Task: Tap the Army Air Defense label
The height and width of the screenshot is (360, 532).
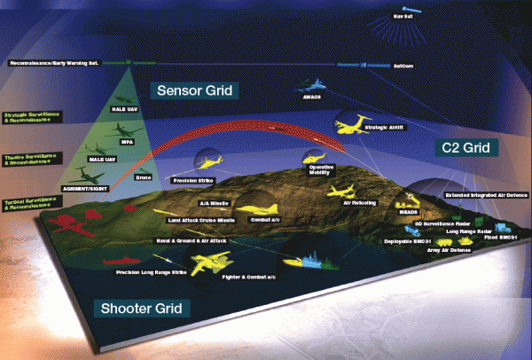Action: point(450,251)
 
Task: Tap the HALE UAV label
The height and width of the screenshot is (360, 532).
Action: point(122,110)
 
